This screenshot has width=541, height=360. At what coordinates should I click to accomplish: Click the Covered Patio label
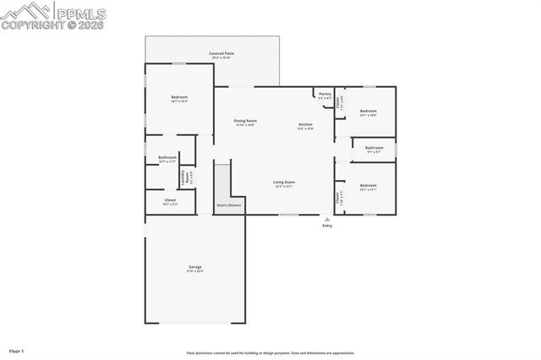tap(221, 53)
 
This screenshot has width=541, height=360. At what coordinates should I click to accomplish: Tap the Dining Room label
tap(245, 121)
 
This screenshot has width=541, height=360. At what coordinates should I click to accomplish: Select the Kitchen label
tap(305, 125)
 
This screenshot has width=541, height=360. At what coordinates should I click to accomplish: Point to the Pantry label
tap(325, 95)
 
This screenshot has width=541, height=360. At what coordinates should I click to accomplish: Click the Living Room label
tap(283, 183)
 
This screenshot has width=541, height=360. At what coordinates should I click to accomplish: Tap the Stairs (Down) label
tap(228, 205)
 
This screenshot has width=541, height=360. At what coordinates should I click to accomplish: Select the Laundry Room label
tap(183, 177)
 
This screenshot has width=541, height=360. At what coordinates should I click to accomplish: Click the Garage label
tap(195, 268)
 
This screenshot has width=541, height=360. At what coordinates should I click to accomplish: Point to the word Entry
tap(327, 226)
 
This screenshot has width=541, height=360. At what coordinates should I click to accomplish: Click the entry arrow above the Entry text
tap(327, 218)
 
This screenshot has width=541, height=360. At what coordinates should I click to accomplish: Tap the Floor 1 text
tap(16, 350)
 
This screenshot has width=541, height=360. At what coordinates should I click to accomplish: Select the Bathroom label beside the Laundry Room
tap(167, 157)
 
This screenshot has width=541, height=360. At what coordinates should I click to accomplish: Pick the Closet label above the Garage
tap(170, 200)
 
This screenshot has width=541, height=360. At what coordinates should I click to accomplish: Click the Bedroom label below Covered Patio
tap(179, 98)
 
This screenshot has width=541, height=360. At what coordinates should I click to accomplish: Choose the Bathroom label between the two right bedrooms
tap(374, 149)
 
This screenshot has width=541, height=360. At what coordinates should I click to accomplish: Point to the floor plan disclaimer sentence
tap(270, 353)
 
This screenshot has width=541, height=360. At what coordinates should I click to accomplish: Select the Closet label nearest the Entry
tap(338, 199)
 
